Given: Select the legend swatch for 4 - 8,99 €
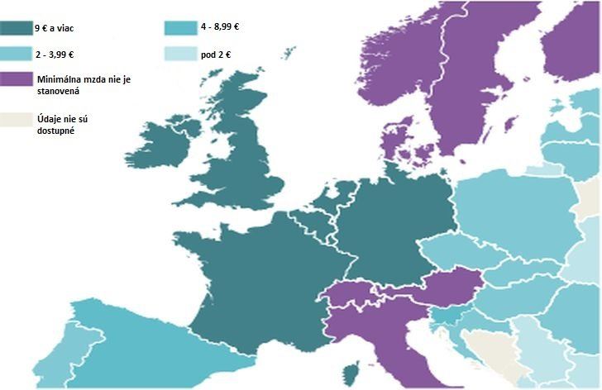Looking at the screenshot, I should click(x=181, y=26).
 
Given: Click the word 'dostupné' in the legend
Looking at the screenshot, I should click(x=57, y=131).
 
